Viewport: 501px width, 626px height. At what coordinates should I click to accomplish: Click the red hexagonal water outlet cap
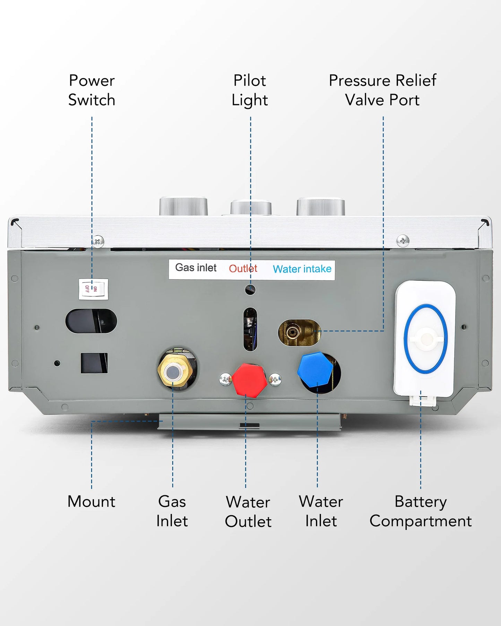point(249,380)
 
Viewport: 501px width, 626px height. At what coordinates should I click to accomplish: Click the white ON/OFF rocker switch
point(93,289)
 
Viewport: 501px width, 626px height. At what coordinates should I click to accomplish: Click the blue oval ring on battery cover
point(425,339)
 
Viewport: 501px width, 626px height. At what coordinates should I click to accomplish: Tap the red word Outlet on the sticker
point(243,269)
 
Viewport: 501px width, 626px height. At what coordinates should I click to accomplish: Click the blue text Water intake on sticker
point(302,269)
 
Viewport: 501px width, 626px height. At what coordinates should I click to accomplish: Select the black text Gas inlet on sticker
point(196,268)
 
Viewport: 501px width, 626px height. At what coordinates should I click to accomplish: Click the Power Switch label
point(92,90)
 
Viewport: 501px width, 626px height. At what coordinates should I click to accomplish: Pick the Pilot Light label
point(250,90)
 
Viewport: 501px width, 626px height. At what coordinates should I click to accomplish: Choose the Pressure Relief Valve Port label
point(382,90)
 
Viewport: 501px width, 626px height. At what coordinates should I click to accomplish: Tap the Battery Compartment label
point(421,511)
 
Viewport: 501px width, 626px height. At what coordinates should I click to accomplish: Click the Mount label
point(91,502)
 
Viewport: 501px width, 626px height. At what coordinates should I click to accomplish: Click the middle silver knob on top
point(251,207)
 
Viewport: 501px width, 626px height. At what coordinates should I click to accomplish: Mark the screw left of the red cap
point(225,379)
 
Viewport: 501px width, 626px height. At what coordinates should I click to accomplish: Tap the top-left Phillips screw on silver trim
point(98,241)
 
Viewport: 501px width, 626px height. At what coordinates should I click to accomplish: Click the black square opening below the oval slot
point(94,363)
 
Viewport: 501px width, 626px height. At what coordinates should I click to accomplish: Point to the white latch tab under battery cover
point(422,401)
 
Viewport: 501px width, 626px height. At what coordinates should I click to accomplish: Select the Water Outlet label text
point(248,512)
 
